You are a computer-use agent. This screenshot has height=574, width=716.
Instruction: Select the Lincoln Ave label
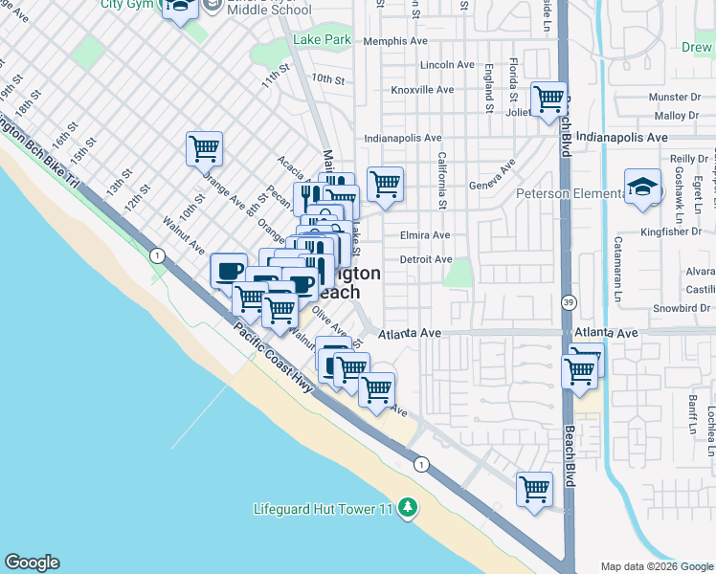[x=447, y=65]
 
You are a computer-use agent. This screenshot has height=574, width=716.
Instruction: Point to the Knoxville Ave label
[x=422, y=90]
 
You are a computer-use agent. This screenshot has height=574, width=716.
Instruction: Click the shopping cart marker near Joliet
[x=548, y=99]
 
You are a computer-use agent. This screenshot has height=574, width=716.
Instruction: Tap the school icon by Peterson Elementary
[x=643, y=188]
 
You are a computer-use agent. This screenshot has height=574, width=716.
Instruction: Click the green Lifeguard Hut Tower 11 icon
[x=409, y=507]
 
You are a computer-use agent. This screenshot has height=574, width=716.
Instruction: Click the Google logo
[x=32, y=563]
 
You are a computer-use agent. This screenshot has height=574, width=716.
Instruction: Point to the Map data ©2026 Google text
[x=656, y=566]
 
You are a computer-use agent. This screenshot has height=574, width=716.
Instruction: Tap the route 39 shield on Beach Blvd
[x=569, y=302]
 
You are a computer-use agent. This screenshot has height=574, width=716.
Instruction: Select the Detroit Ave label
[x=426, y=259]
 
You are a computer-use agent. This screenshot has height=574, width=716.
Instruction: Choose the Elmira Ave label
[x=425, y=235]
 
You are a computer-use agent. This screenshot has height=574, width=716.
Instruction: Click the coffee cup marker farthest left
[x=229, y=271]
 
